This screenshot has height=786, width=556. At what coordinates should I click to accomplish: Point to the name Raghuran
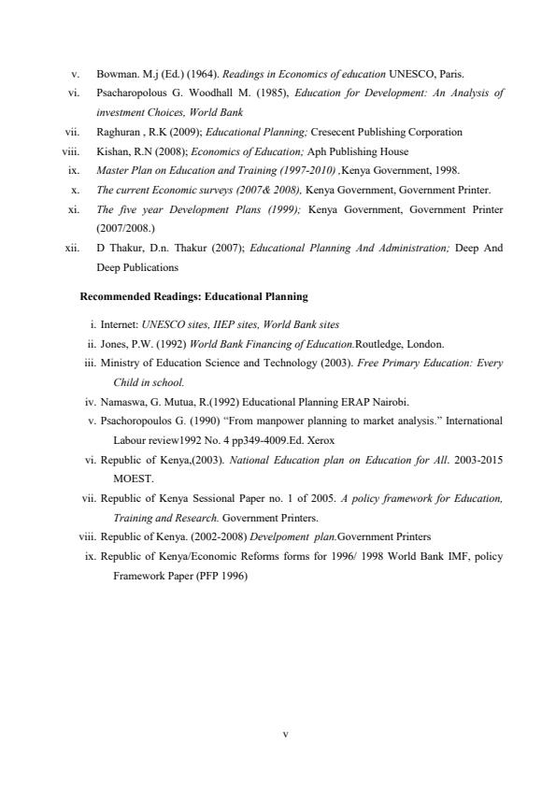tap(118, 132)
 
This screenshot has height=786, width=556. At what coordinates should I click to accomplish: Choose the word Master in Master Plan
tap(109, 170)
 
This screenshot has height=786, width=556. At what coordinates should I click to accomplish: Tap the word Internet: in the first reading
tap(120, 325)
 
